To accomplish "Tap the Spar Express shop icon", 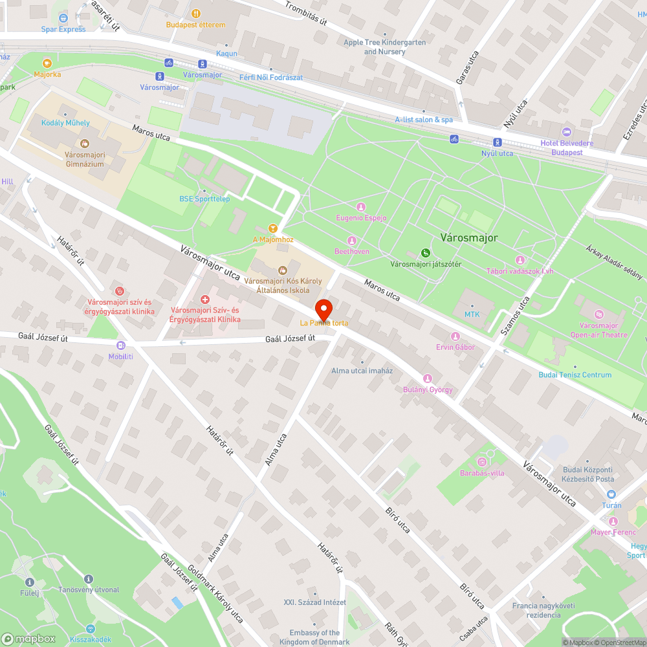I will (x=63, y=18).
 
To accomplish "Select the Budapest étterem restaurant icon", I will (x=195, y=14).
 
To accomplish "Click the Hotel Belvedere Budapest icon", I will (x=567, y=132).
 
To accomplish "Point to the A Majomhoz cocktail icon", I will (x=273, y=228).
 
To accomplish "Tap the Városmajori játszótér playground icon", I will (x=425, y=253).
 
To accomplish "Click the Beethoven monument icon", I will (x=352, y=240).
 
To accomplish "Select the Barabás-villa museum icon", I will (x=481, y=461).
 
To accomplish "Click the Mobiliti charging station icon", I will (x=120, y=345).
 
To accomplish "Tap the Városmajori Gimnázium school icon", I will (x=83, y=143).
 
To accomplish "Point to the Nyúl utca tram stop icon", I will (x=497, y=142).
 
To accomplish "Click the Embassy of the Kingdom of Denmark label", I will (x=314, y=637).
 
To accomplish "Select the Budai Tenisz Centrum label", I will (x=575, y=375).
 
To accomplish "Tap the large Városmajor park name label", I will (x=469, y=237).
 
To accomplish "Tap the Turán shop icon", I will (x=611, y=494).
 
